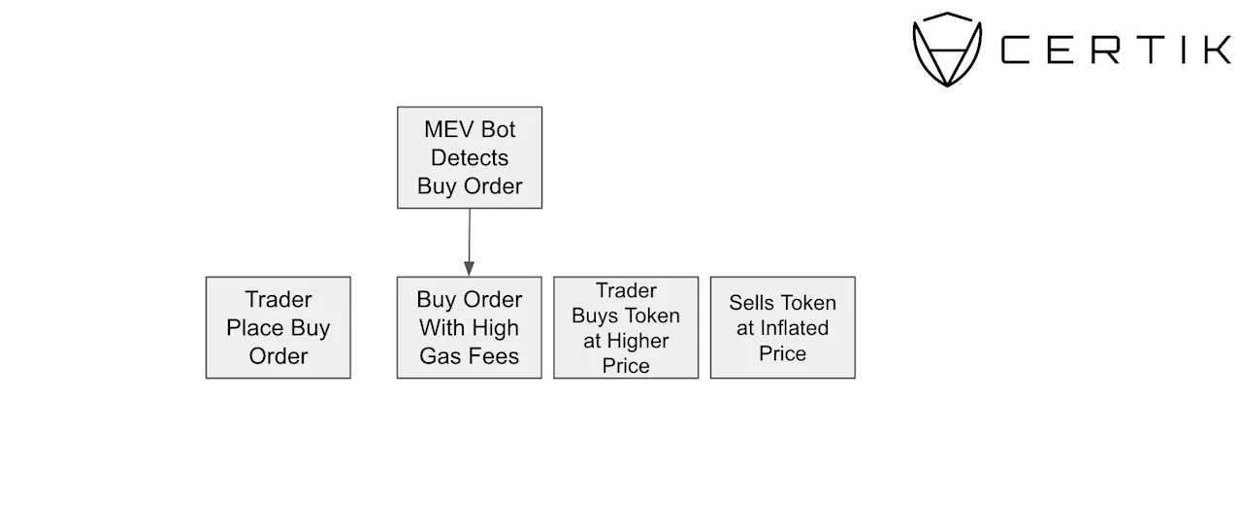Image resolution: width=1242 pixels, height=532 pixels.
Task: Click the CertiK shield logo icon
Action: tap(947, 50)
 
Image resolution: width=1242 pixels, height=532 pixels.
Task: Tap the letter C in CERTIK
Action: tap(1015, 50)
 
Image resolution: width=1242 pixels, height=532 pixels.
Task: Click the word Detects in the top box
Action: tap(470, 157)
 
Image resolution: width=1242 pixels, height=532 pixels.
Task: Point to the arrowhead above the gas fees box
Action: tap(469, 269)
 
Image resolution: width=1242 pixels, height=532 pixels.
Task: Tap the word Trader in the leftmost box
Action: tap(278, 300)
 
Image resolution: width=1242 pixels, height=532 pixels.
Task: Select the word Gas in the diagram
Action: tap(439, 356)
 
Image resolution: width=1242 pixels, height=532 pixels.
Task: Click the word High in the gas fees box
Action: tap(495, 328)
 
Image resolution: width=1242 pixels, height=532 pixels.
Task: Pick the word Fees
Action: tap(491, 356)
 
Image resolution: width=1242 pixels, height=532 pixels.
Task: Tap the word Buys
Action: tap(591, 316)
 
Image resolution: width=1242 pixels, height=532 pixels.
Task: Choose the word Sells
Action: tap(748, 303)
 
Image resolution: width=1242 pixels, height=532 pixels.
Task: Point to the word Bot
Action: tap(499, 129)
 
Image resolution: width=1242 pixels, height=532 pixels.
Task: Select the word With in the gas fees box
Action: tap(441, 328)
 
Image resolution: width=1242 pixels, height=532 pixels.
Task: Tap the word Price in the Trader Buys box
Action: tap(626, 366)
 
